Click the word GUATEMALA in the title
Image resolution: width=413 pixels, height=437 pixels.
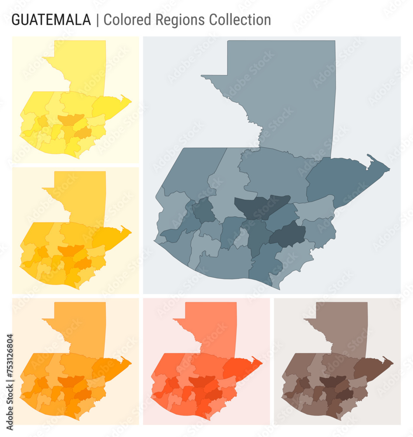point(51,20)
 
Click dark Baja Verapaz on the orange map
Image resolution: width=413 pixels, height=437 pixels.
point(71,381)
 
